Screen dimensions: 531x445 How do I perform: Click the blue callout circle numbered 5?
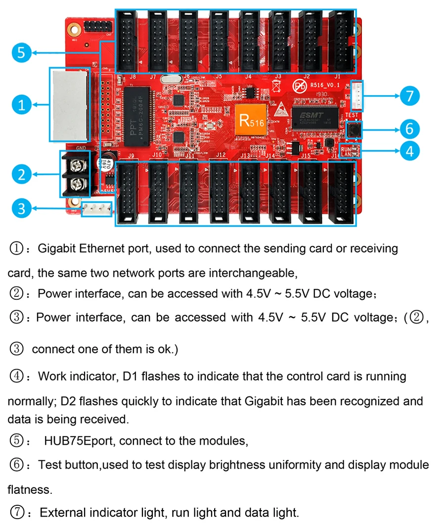[x=21, y=52]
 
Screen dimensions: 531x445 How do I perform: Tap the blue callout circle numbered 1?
[x=21, y=104]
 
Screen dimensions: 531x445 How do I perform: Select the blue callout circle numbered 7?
[x=409, y=96]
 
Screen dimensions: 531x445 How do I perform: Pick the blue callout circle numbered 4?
[x=409, y=150]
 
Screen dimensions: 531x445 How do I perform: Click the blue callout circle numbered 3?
[x=21, y=208]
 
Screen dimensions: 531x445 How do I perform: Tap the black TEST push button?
[x=354, y=130]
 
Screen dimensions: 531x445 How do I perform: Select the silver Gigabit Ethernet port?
[x=69, y=104]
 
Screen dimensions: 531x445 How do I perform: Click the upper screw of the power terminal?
[x=77, y=163]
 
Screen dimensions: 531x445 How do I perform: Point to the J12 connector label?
[x=221, y=155]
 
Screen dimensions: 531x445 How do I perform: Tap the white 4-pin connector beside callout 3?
[x=97, y=208]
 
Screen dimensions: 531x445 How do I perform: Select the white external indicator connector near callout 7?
[x=356, y=95]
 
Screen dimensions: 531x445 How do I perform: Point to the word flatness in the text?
[x=29, y=490]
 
